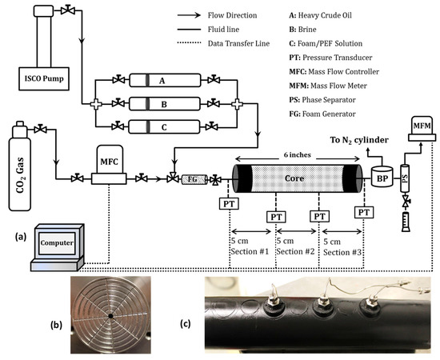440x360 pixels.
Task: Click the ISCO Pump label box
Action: (38, 78)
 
